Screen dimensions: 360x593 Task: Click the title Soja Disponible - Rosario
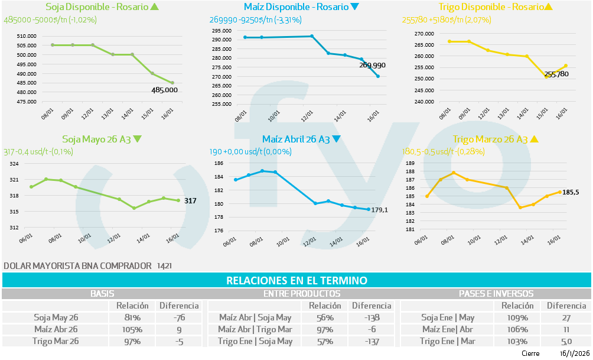pos(96,7)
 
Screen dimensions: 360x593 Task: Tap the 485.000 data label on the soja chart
pos(165,90)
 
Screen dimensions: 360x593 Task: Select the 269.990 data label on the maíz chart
pos(372,65)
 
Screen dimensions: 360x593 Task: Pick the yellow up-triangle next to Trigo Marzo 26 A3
pos(534,140)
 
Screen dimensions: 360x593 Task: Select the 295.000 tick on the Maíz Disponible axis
pos(221,30)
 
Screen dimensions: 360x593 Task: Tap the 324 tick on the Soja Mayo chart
pos(14,164)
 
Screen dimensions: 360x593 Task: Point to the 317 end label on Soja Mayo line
pos(190,201)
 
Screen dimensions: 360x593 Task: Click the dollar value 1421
pos(165,266)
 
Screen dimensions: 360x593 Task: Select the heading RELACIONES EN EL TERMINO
pos(296,280)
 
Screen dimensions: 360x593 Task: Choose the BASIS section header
pos(102,293)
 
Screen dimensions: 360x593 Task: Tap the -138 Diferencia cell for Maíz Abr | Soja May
pos(372,317)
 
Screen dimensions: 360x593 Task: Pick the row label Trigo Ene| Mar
pos(448,341)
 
